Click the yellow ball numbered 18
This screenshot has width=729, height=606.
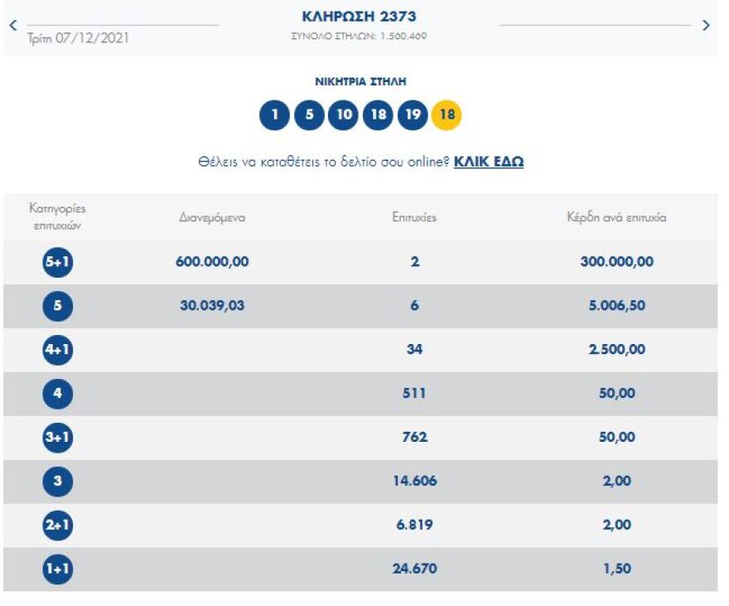tap(447, 115)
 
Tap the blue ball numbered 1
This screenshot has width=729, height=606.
tap(274, 115)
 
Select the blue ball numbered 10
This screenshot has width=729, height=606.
tap(342, 115)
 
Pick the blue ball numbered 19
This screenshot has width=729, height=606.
tap(412, 115)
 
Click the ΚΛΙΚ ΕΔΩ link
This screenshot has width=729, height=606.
tap(489, 162)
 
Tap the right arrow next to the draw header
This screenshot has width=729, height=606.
tap(706, 26)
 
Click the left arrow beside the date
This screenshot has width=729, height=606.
tap(12, 26)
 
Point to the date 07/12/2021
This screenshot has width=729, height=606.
tap(79, 38)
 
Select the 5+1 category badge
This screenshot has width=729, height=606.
tap(58, 262)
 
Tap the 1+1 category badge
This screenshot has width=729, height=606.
tap(58, 569)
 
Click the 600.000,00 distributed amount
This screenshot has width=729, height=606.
tap(212, 262)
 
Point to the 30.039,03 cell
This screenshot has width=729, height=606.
tap(212, 306)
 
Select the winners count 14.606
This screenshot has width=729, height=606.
tap(414, 481)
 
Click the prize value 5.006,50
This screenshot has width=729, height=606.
tap(616, 306)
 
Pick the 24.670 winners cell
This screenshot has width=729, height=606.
tap(414, 569)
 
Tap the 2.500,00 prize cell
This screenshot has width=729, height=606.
tap(616, 350)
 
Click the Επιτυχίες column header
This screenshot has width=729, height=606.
tap(414, 218)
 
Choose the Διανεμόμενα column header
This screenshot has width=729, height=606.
tap(212, 218)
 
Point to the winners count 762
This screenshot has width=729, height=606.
tap(414, 437)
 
